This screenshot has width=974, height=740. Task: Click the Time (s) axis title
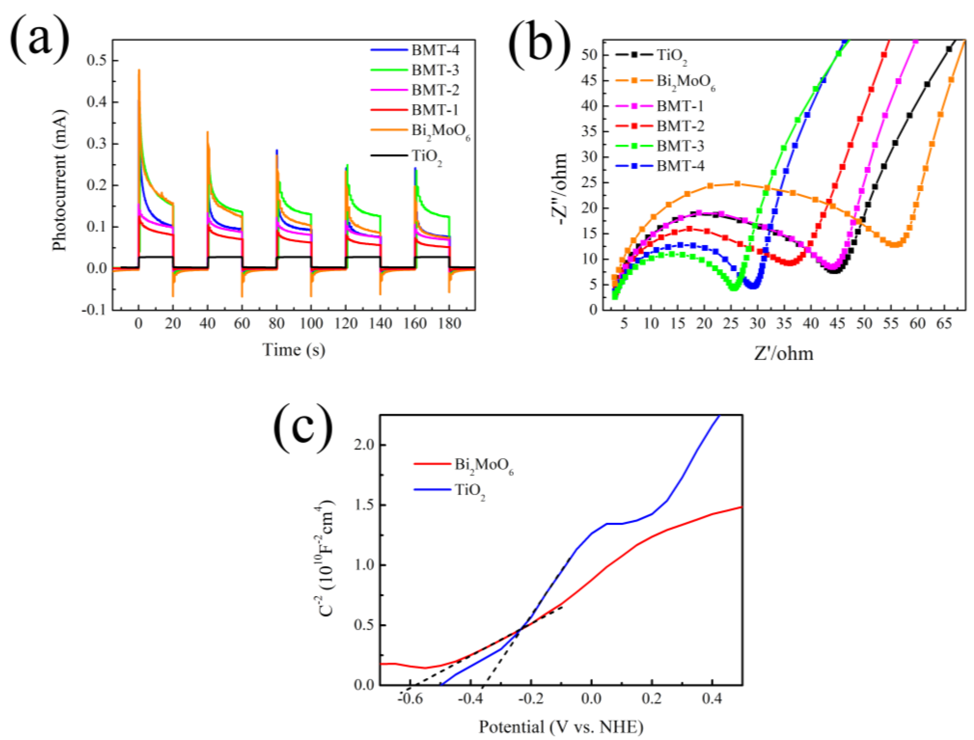[x=294, y=350]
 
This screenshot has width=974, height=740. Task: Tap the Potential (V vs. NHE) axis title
[x=561, y=727]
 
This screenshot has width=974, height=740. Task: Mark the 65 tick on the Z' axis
[x=944, y=324]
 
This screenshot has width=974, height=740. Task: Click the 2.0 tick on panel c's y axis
[x=364, y=445]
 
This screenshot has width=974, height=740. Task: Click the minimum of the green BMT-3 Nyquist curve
[x=733, y=288]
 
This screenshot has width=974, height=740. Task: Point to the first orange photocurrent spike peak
[x=139, y=70]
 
